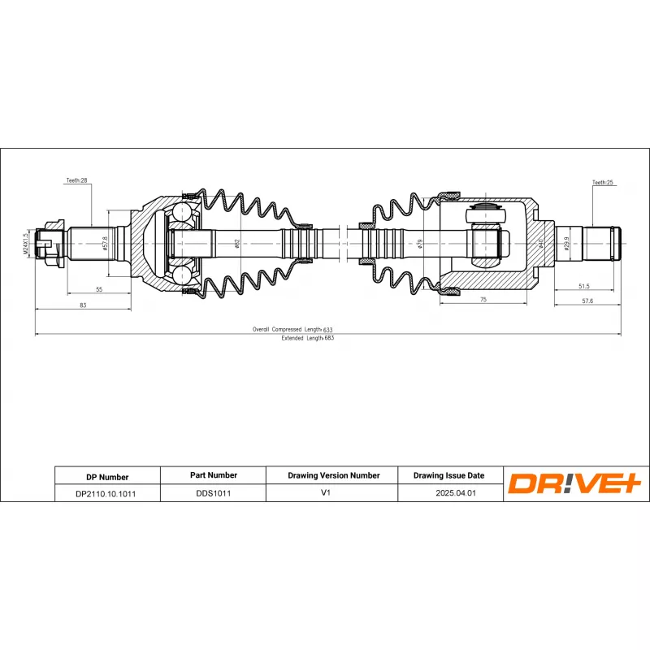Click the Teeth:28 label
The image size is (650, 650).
[x=76, y=180]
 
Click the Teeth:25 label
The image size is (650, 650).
[x=602, y=183]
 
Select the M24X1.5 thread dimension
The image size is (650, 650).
[x=26, y=242]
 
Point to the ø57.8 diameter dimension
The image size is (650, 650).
[x=106, y=242]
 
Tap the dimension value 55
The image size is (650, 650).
[x=98, y=289]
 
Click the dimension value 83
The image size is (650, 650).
[x=83, y=305]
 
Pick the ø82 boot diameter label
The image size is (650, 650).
[x=236, y=242]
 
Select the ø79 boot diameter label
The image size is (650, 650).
[x=420, y=242]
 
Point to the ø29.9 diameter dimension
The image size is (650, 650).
[x=567, y=241]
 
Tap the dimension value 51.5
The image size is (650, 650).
[x=583, y=287]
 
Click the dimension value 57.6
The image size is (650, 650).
[x=587, y=301]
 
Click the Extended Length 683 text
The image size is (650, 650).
[x=307, y=338]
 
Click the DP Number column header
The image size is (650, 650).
[x=106, y=477]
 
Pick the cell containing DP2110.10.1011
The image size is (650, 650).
[x=106, y=493]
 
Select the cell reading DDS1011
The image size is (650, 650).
[x=211, y=492]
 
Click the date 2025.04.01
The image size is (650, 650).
[x=448, y=492]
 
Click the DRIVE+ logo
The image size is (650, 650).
[x=574, y=483]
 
